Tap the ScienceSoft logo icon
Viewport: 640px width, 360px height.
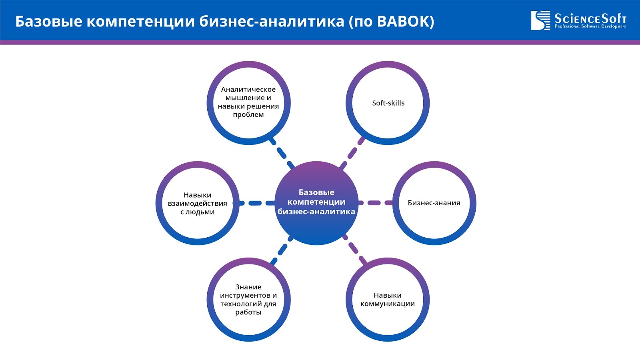click(x=540, y=20)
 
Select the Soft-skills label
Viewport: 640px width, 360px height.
click(x=388, y=103)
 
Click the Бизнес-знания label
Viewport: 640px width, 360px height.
click(x=434, y=203)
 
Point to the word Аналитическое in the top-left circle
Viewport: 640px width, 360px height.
click(x=248, y=90)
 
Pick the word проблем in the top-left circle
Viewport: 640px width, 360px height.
click(x=248, y=115)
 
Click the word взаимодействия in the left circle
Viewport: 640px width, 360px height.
click(x=198, y=204)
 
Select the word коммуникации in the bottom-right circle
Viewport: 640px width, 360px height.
click(x=388, y=304)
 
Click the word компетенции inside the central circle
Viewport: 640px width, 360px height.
click(x=316, y=202)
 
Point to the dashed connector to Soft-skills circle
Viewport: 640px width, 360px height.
click(x=352, y=153)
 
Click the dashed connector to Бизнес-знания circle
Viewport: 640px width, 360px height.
click(x=375, y=203)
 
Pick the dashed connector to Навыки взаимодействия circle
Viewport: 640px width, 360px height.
click(x=256, y=203)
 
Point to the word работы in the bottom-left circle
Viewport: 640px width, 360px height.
click(x=248, y=312)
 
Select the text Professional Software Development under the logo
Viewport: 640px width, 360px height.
click(x=590, y=26)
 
